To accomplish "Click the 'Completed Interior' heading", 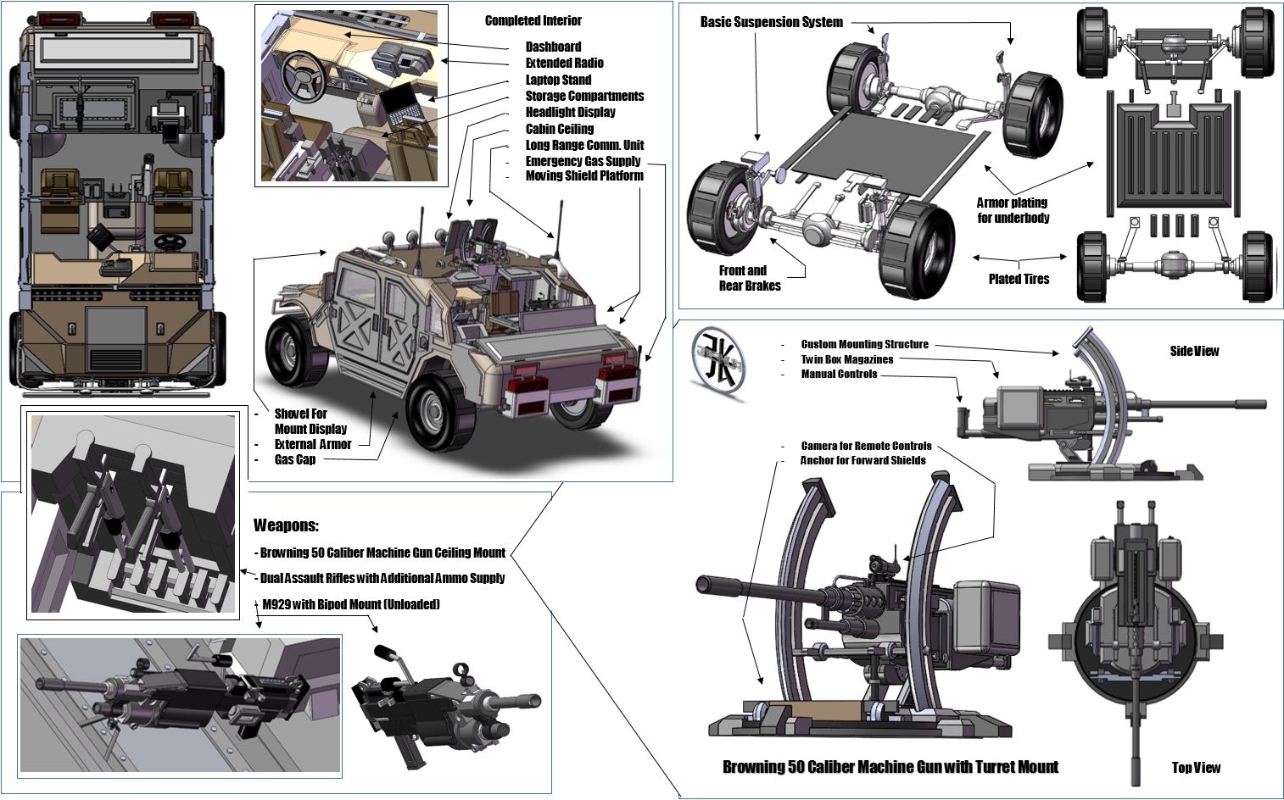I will pos(533,20).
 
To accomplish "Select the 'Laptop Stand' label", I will pos(558,80).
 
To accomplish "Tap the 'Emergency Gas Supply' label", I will pos(583,161).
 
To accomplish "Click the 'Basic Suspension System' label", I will pos(771,22).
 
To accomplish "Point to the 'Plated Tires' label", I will pos(1019,279).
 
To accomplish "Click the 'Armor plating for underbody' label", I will pos(1013,210).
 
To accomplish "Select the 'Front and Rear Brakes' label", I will pos(749,278).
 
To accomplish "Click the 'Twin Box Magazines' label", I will pos(846,359).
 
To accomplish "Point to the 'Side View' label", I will pos(1194,351).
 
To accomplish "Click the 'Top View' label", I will pos(1196,768).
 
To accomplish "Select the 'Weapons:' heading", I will pos(286,525).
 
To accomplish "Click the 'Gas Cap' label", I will pos(295,459).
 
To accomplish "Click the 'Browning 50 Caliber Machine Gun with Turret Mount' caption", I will pos(890,767).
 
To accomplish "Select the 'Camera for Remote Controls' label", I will pos(866,446).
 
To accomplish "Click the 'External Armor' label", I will pos(313,444).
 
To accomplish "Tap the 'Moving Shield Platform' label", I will pos(584,176).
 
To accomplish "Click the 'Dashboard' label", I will pos(553,47).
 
